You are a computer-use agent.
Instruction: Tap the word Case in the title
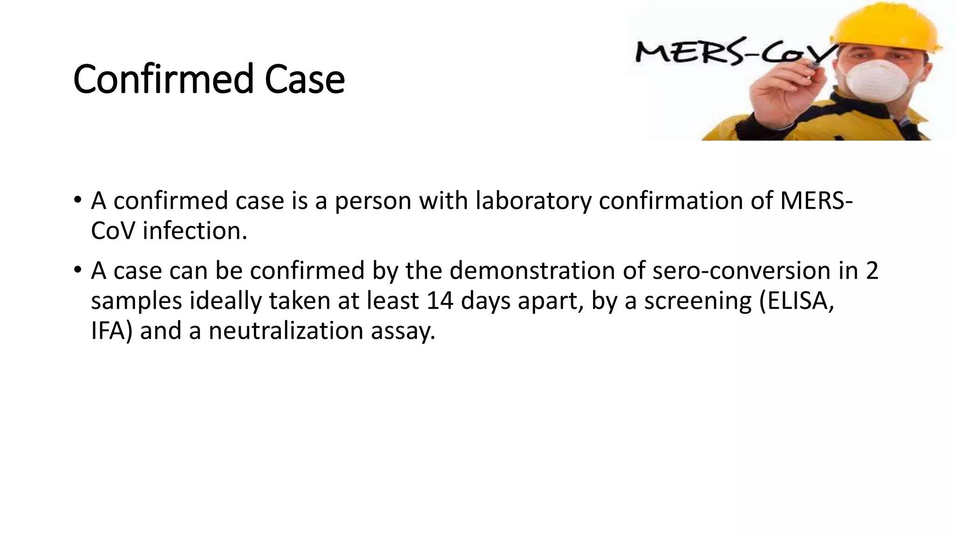click(x=305, y=79)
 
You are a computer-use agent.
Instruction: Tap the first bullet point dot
click(x=77, y=201)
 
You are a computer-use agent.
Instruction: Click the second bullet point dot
click(x=77, y=270)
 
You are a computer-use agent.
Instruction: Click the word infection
click(x=195, y=231)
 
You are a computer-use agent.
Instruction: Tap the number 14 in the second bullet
click(x=440, y=301)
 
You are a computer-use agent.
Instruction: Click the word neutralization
click(x=286, y=331)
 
